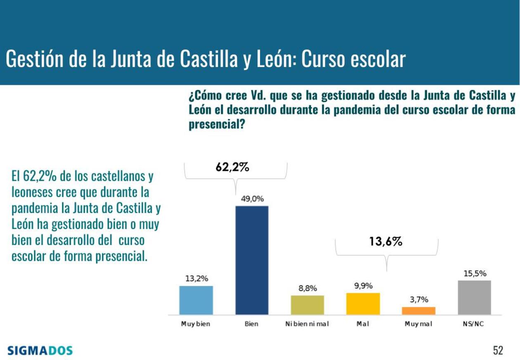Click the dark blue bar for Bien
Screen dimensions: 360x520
coord(252,260)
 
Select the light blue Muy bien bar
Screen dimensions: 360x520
coord(196,300)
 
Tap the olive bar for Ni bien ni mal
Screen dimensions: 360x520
coord(307,305)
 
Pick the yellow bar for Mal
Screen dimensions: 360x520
coord(363,304)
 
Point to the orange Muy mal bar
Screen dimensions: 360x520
coord(419,311)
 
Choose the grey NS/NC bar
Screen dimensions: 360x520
coord(475,298)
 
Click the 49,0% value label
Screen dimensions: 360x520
coord(252,199)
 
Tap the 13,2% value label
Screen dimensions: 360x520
coord(196,279)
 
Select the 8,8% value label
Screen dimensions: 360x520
coord(307,289)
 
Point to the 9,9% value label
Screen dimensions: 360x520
coord(363,286)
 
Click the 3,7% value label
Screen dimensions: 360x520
coord(419,300)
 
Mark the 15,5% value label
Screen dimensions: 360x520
coord(475,273)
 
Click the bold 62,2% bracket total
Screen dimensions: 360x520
coord(233,167)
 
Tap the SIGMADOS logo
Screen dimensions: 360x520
coord(40,351)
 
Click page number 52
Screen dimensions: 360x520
coord(498,351)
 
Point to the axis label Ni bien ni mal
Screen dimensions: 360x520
coord(307,324)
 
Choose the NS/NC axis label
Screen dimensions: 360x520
coord(473,324)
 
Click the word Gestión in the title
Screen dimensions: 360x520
coord(34,60)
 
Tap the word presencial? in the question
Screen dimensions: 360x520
coord(215,125)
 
